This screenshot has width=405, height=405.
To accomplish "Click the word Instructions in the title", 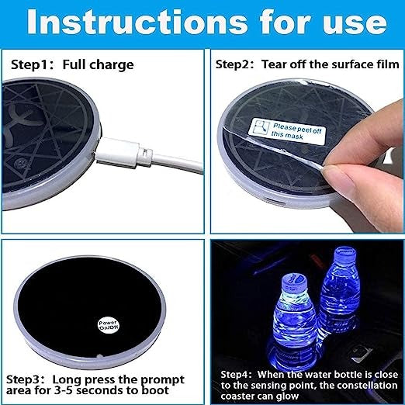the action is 137,22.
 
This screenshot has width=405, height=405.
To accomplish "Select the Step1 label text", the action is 29,64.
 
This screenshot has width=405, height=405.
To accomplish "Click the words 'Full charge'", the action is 98,65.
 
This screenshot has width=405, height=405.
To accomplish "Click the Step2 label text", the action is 234,64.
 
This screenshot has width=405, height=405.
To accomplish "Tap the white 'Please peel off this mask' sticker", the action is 286,130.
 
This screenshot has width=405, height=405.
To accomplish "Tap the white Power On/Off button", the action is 109,324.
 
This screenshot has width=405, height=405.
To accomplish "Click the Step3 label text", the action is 25,380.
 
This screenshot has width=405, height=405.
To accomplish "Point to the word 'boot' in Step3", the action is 155,390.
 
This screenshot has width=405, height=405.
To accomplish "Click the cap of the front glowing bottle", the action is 294,282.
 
